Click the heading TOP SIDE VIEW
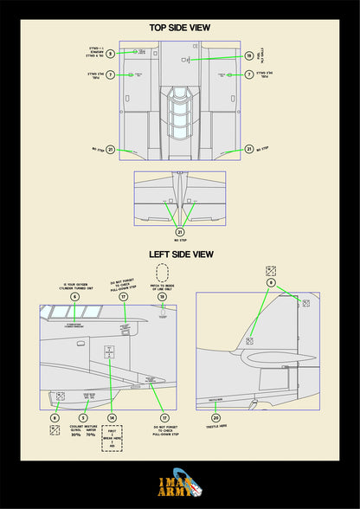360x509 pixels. [x=180, y=28]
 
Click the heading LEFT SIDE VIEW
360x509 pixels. [x=180, y=254]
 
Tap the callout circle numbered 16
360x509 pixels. [x=249, y=56]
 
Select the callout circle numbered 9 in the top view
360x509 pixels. [x=111, y=54]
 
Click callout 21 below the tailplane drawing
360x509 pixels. [x=180, y=231]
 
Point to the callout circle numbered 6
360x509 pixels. [x=74, y=297]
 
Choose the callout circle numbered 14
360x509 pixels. [x=112, y=418]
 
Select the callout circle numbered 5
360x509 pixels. [x=83, y=418]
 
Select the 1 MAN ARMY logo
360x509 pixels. [x=179, y=486]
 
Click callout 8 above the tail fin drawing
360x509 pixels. [x=271, y=282]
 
